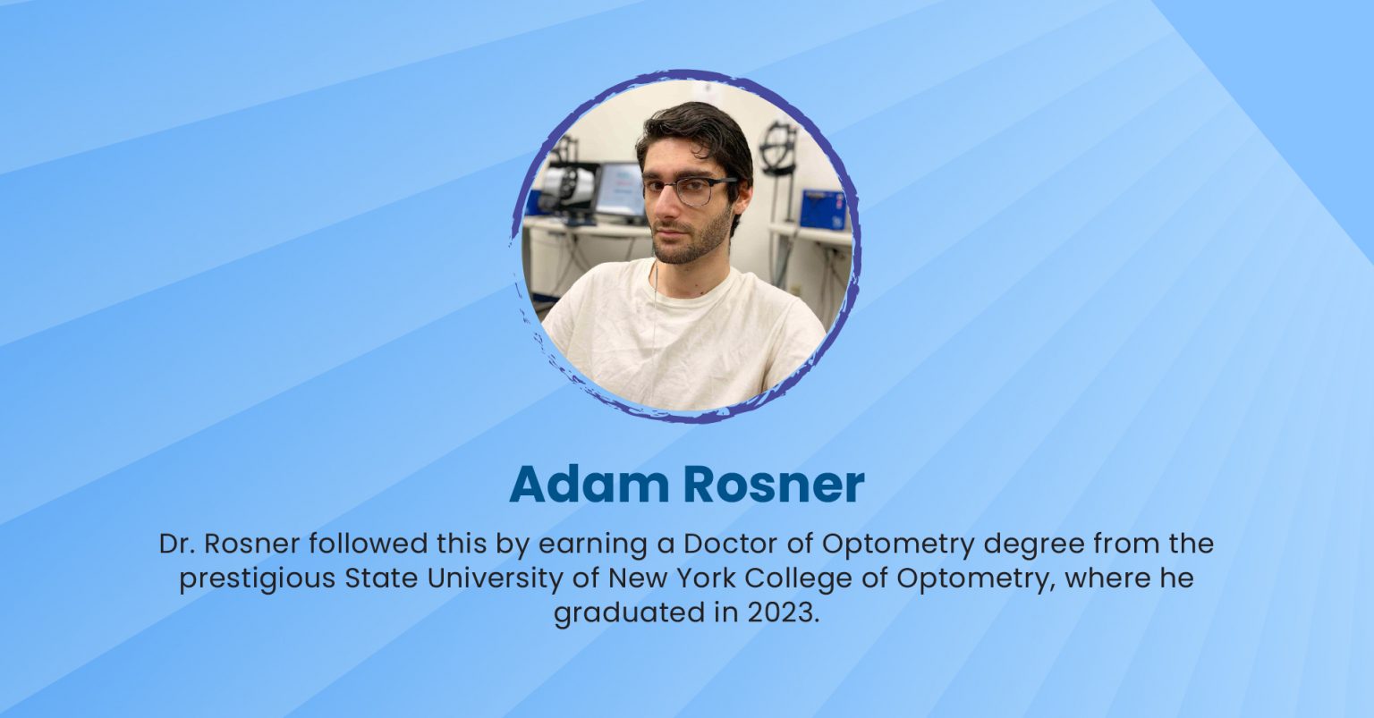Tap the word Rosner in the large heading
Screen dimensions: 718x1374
point(774,484)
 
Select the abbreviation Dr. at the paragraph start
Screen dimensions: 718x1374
point(176,544)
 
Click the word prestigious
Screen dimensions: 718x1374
point(257,579)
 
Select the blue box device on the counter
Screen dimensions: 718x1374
point(821,209)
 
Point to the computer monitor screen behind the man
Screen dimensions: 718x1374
point(620,190)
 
